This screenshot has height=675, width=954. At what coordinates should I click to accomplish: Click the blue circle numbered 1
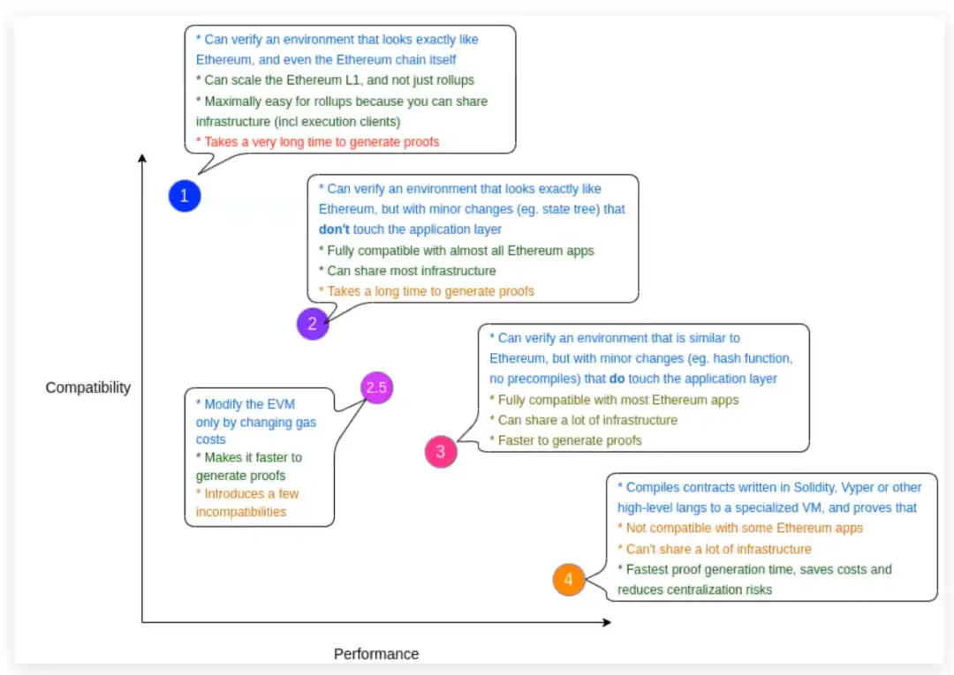pos(185,196)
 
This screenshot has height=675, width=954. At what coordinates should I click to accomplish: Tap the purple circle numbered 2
pos(313,324)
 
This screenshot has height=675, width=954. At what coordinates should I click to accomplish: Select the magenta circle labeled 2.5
pos(376,387)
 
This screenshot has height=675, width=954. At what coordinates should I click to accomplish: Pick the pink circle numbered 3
pos(441,452)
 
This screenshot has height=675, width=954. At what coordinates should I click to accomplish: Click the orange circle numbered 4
pos(568,580)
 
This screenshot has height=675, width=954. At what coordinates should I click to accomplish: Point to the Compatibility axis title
pos(88,387)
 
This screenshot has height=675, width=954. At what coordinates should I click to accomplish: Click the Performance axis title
pos(376,654)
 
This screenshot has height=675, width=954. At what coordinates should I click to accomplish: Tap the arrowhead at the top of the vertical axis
pos(141,158)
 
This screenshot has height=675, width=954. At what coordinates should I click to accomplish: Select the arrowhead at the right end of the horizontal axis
pos(607,622)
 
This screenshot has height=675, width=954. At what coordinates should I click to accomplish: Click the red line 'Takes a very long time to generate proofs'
pos(317,141)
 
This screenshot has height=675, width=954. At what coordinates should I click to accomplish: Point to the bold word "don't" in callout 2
pos(334,229)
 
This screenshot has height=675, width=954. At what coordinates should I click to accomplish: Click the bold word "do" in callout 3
pos(617,379)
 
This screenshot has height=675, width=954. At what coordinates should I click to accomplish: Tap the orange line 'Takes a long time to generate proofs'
pos(427,291)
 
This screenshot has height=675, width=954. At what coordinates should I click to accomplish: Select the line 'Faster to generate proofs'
pos(566,440)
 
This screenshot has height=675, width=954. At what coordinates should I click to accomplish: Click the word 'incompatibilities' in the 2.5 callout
pos(241,512)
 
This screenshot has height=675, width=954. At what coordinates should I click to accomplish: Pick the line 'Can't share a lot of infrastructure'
pos(715,549)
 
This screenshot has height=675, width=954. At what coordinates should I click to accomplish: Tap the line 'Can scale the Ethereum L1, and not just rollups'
pos(335,80)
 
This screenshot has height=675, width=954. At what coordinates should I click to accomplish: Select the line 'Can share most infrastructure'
pos(407,271)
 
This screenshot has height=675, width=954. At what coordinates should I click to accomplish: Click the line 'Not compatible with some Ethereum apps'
pos(740,528)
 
